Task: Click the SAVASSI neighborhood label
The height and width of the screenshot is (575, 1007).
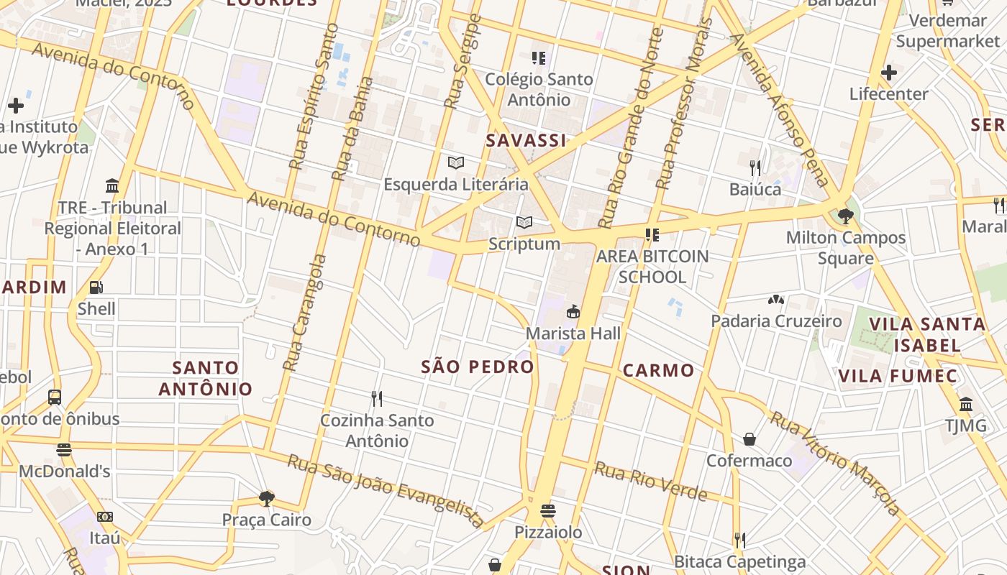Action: click(526, 141)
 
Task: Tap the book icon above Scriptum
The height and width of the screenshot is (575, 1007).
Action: click(524, 223)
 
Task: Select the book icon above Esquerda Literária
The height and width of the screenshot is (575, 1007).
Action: click(455, 162)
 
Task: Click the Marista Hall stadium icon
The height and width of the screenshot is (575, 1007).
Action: click(573, 312)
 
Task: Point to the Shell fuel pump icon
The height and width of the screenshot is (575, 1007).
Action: click(96, 287)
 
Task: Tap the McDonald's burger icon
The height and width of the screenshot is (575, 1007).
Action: click(64, 450)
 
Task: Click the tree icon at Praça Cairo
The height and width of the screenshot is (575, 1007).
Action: click(267, 498)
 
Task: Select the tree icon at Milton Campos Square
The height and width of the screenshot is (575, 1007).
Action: click(845, 216)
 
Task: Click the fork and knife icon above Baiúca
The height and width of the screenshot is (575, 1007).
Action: click(755, 168)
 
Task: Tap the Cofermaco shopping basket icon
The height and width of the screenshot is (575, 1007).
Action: click(749, 439)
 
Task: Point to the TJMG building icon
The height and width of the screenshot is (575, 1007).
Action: click(965, 404)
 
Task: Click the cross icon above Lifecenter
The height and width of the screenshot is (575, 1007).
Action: click(888, 73)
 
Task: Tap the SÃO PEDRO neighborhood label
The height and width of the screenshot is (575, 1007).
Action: click(478, 367)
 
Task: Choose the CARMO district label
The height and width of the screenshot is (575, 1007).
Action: click(658, 371)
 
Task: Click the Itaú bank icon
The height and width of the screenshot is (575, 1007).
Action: click(104, 517)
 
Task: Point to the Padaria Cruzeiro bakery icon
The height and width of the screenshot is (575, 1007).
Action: click(775, 300)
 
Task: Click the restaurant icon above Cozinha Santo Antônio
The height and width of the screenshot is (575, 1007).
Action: click(376, 398)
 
